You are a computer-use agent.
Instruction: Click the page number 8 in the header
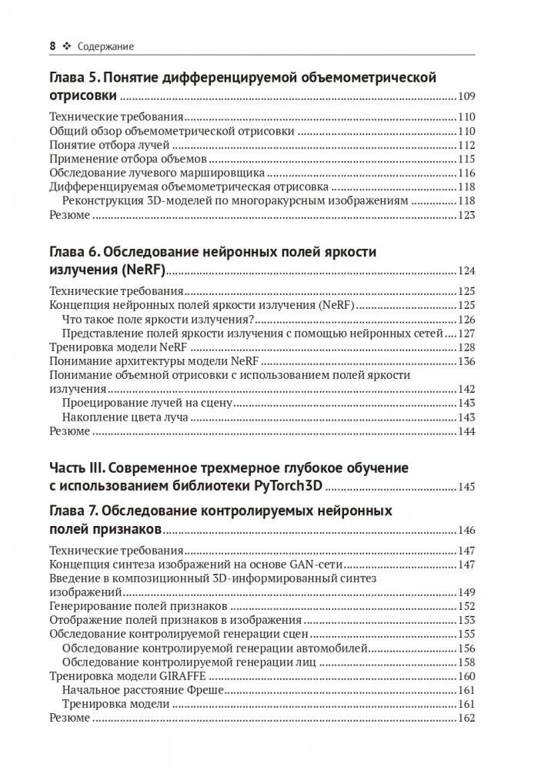(52, 46)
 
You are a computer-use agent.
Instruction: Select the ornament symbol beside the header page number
(66, 46)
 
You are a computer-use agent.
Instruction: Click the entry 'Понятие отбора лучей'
(104, 146)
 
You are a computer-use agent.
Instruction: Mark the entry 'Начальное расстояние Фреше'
(143, 690)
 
